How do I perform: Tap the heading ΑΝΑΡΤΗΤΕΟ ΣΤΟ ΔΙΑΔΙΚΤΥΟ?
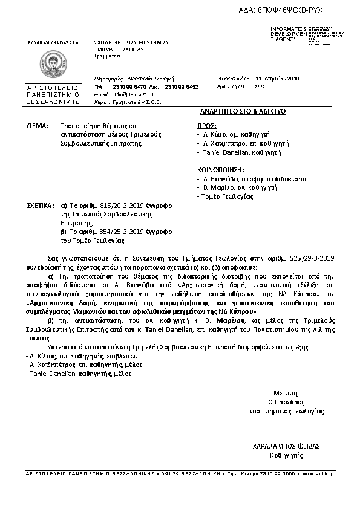click(x=242, y=112)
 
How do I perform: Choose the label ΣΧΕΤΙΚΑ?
click(x=41, y=206)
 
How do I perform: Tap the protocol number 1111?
click(x=260, y=87)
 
